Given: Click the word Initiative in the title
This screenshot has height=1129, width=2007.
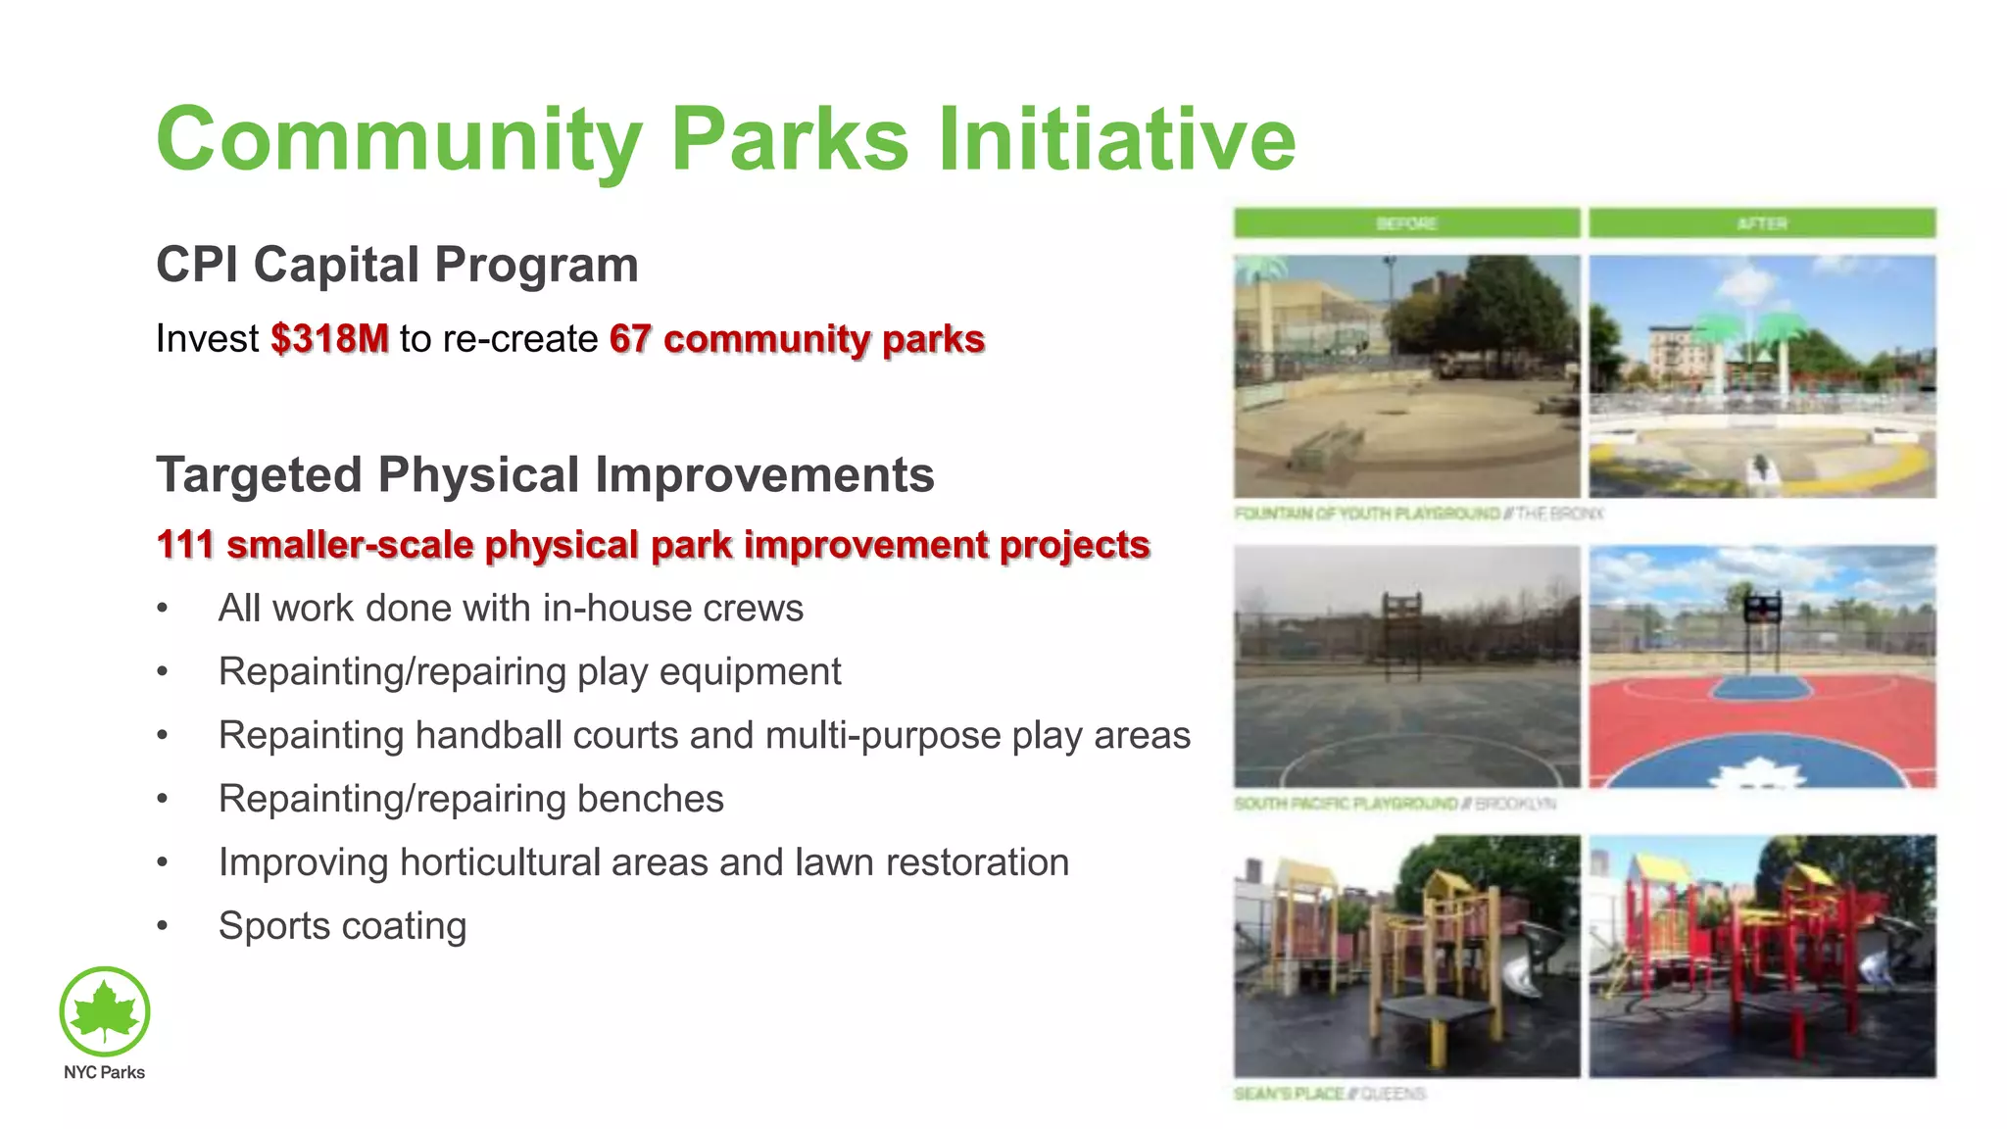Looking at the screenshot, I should coord(1117,139).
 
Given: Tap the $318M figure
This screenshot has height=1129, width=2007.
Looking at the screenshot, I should coord(329,339).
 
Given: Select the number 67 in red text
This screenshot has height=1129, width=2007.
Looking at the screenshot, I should coord(630,339).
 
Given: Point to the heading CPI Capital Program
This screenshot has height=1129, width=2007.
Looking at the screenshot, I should coord(397,265).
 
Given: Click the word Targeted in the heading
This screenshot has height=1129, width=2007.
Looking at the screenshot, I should coord(259,475).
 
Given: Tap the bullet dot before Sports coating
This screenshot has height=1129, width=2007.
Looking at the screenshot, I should coord(163,926).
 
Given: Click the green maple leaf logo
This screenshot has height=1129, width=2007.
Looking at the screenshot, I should coord(105,1011).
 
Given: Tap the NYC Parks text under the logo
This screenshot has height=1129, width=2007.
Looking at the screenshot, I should coord(104,1072).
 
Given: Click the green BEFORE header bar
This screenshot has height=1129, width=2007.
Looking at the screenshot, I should coord(1406,223).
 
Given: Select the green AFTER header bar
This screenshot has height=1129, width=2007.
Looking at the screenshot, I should coord(1762,223).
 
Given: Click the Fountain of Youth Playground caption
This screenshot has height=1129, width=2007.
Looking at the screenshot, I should coord(1417,514).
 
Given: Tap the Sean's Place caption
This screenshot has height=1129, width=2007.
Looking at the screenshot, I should coord(1329,1094).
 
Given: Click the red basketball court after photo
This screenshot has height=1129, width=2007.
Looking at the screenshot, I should coord(1762,666).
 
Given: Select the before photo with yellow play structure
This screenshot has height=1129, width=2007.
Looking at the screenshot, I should coord(1406,956).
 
